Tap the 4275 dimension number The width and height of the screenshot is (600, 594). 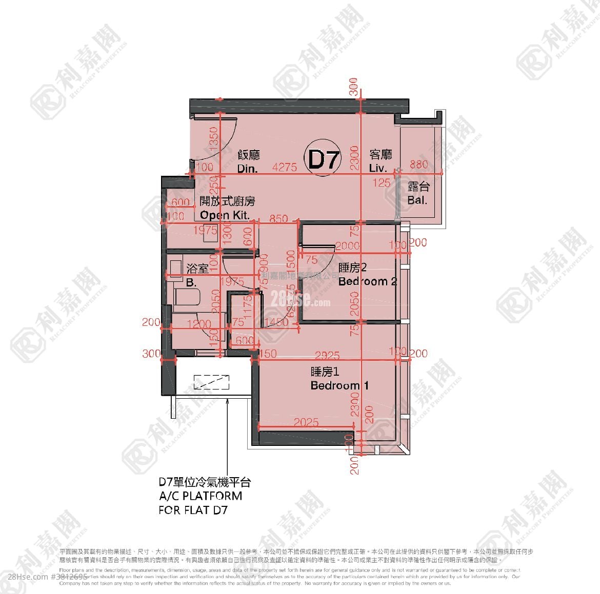pyautogui.click(x=285, y=167)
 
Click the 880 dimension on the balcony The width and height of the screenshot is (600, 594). pyautogui.click(x=418, y=165)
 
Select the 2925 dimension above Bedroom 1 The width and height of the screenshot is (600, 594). pyautogui.click(x=327, y=355)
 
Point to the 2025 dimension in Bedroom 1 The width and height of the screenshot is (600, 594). pyautogui.click(x=306, y=422)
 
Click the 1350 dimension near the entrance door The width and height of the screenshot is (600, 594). pyautogui.click(x=214, y=137)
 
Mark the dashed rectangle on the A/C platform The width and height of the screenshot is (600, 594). pyautogui.click(x=211, y=382)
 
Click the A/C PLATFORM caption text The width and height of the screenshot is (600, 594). pyautogui.click(x=200, y=496)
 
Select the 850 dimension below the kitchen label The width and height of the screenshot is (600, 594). pyautogui.click(x=278, y=218)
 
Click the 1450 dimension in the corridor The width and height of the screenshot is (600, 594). pyautogui.click(x=277, y=322)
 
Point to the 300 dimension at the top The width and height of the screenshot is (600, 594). pyautogui.click(x=353, y=87)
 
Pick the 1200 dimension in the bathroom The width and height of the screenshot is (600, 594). pyautogui.click(x=198, y=324)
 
